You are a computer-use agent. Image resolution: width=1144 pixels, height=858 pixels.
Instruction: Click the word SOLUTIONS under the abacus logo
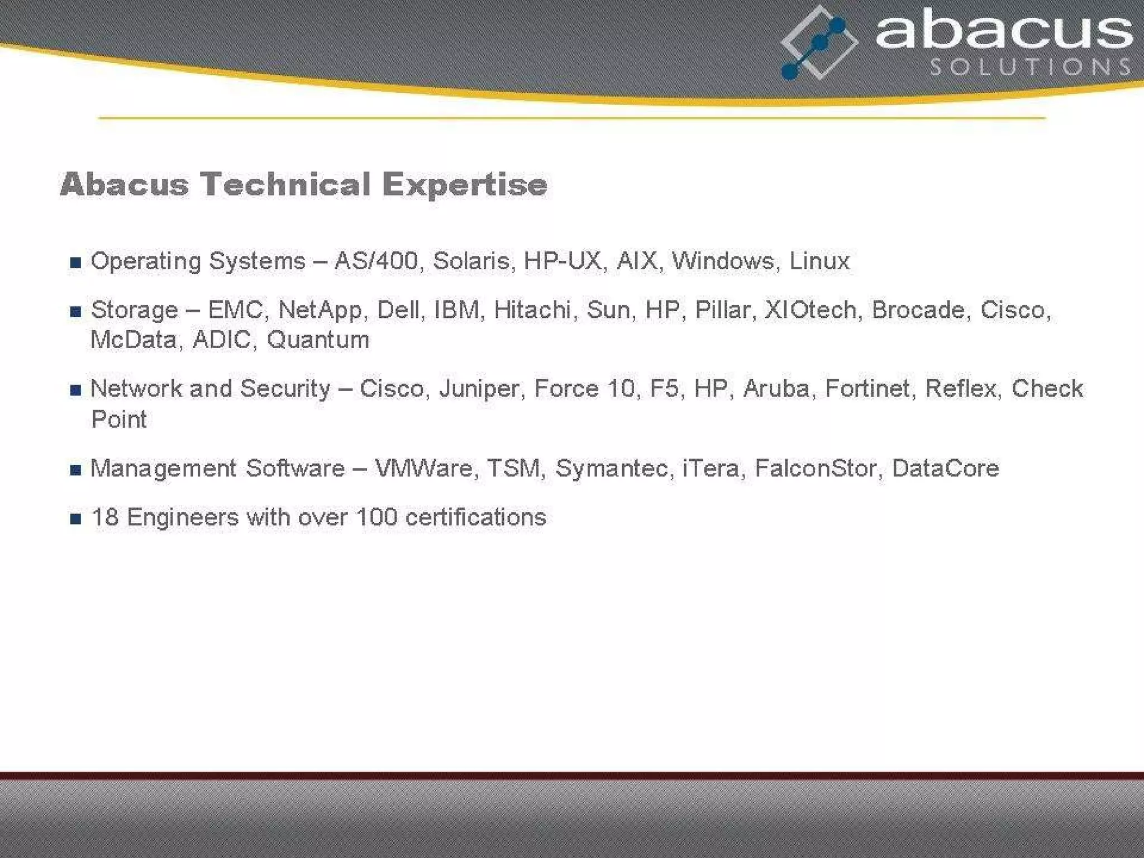[x=1031, y=67]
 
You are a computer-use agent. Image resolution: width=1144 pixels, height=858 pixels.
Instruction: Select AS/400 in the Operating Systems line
[x=376, y=261]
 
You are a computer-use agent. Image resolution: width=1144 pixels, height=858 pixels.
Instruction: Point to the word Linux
[x=819, y=261]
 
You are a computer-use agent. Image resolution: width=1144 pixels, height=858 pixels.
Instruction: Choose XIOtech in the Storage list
[x=810, y=310]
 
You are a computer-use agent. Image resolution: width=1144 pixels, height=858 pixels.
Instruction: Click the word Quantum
[x=318, y=340]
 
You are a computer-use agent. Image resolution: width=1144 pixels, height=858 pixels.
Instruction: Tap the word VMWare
[x=424, y=469]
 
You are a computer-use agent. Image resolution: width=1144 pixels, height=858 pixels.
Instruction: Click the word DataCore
[x=945, y=469]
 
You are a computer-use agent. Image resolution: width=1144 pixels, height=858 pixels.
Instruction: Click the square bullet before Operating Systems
[x=76, y=263]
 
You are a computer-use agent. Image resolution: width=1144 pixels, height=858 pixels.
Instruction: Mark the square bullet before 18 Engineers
[x=76, y=519]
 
